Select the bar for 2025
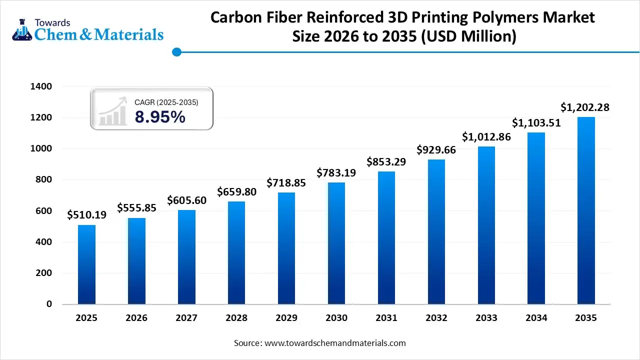(x=86, y=264)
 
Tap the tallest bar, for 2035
(x=586, y=210)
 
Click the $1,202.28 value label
(x=584, y=107)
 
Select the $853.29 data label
(x=386, y=161)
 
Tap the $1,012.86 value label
(x=486, y=136)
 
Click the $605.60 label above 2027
(x=187, y=200)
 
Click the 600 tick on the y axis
(x=44, y=211)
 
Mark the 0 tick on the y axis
(x=48, y=304)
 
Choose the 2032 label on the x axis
(x=436, y=318)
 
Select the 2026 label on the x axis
(x=136, y=318)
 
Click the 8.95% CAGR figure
(x=160, y=117)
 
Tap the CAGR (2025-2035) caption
(x=166, y=102)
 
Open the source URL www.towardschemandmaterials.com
(x=334, y=343)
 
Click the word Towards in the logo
(x=52, y=22)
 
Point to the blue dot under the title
(x=176, y=51)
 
